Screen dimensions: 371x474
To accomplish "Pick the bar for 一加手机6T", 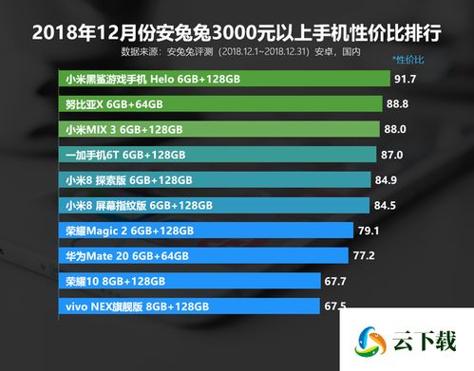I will point(218,154).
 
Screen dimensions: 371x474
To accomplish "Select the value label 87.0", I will point(392,154).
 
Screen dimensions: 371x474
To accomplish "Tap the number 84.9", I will point(387,179).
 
